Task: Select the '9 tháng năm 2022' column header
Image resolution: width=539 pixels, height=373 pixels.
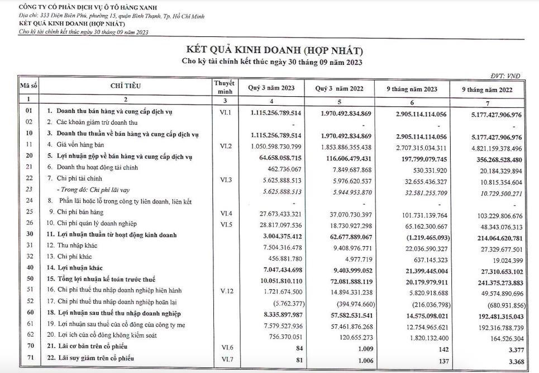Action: click(486, 88)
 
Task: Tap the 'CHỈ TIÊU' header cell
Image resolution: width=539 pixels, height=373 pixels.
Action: click(126, 86)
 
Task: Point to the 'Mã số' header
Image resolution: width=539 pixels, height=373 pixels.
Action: click(28, 86)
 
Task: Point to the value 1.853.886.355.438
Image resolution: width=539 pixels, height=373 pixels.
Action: click(340, 145)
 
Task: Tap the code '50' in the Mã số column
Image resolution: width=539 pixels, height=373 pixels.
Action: click(28, 279)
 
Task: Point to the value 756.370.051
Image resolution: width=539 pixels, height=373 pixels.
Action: click(278, 336)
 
